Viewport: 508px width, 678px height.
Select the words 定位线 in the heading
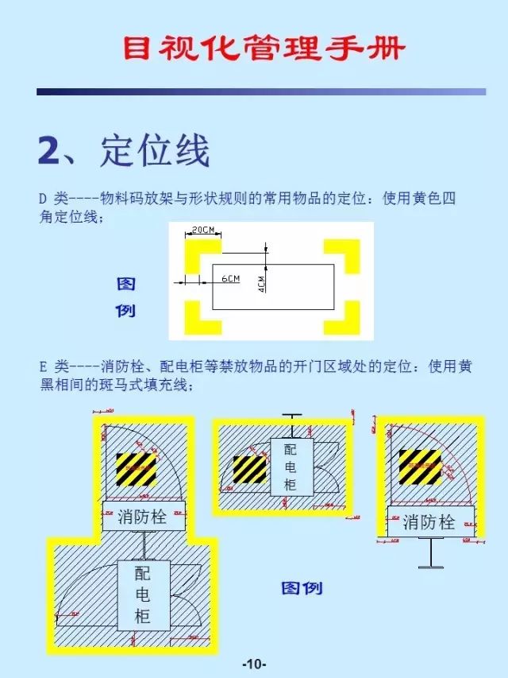tap(155, 151)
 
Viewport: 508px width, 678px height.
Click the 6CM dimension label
tap(230, 279)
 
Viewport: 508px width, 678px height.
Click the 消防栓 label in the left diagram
tap(143, 517)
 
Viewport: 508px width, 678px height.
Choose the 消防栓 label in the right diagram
tap(429, 522)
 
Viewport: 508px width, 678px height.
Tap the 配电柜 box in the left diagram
tap(143, 595)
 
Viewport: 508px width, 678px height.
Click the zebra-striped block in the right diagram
tap(420, 467)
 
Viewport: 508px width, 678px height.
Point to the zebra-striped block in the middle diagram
tap(249, 470)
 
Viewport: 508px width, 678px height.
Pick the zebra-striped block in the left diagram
tap(137, 470)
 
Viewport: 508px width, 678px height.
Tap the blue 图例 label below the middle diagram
tap(302, 589)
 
